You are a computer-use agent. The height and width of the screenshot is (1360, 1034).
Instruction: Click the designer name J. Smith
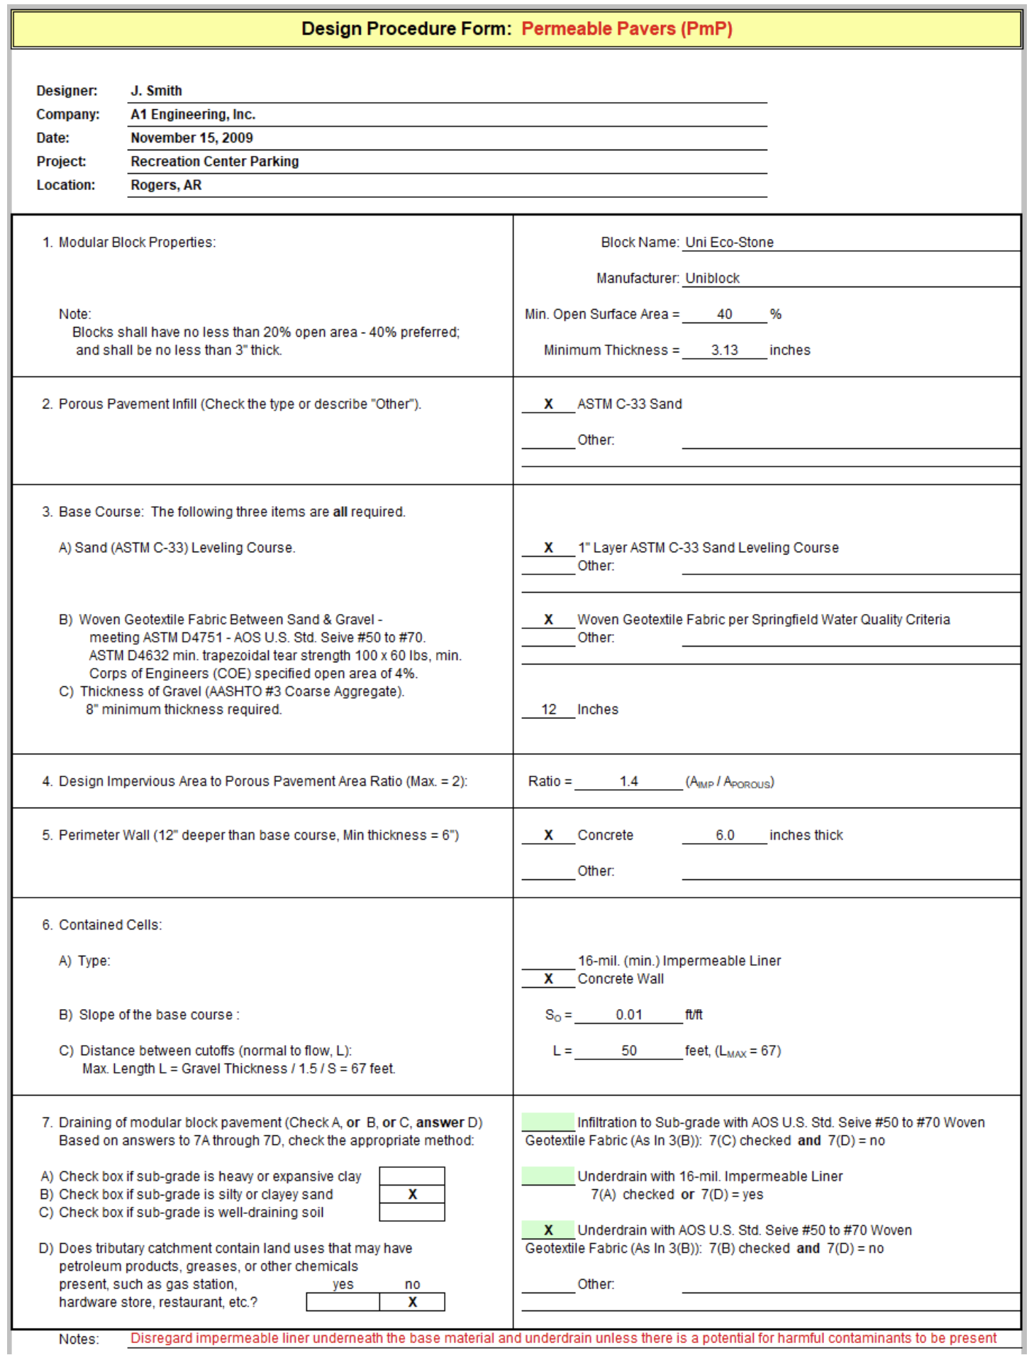(x=156, y=91)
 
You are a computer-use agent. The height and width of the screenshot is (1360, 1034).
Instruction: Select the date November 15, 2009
(x=191, y=138)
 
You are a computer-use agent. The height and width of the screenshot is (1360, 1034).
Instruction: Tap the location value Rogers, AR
(x=166, y=185)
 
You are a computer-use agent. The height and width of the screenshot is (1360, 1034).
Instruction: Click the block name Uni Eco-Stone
(x=729, y=243)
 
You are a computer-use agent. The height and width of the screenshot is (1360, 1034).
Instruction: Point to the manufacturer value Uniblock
(x=712, y=278)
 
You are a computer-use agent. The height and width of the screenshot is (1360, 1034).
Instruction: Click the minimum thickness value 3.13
(x=724, y=350)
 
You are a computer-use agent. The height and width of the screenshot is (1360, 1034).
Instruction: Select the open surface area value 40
(x=724, y=314)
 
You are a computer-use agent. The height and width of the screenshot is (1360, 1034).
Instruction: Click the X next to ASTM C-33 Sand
(x=548, y=404)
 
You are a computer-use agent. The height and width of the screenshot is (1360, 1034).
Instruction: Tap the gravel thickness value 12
(x=549, y=709)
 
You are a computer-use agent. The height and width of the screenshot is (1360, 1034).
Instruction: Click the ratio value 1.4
(x=628, y=781)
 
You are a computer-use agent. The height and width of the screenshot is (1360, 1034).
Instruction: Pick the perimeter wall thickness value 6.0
(x=725, y=835)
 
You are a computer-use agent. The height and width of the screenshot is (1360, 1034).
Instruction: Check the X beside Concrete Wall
(x=548, y=979)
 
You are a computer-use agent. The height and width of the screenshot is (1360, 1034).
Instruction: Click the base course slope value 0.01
(x=628, y=1015)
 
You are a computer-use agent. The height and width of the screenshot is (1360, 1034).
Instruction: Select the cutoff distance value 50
(x=628, y=1051)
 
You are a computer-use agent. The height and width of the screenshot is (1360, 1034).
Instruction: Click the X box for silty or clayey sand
(x=412, y=1195)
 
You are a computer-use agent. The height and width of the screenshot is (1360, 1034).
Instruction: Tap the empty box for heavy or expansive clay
(x=412, y=1176)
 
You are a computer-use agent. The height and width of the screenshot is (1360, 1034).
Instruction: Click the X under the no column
(x=412, y=1302)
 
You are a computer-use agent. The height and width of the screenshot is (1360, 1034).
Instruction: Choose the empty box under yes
(x=343, y=1302)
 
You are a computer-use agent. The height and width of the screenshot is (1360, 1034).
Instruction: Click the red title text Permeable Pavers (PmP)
(x=627, y=29)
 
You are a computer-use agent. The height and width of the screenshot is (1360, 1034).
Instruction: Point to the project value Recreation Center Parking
(x=214, y=162)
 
